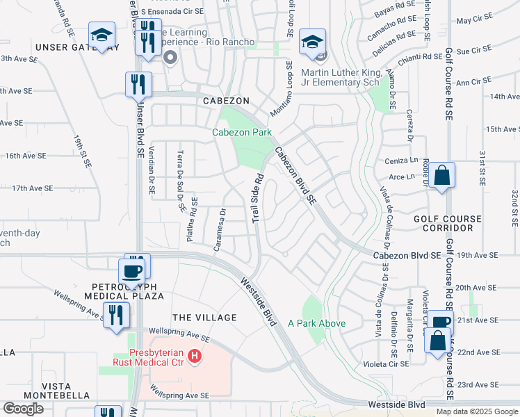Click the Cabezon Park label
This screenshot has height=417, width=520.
click(x=241, y=132)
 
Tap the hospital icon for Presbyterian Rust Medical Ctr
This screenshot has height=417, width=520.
click(x=195, y=357)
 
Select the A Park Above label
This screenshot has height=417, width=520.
click(x=316, y=323)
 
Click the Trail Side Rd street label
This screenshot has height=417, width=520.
click(x=257, y=198)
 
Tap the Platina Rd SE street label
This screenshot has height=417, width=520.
click(x=192, y=218)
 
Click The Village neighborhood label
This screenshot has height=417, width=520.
click(x=205, y=318)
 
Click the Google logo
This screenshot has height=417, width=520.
click(x=23, y=409)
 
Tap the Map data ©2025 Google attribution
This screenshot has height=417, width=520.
click(x=477, y=411)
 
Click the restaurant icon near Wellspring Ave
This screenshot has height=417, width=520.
click(x=115, y=315)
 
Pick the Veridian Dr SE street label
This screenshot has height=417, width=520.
click(x=151, y=174)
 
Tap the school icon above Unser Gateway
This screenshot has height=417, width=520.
click(x=101, y=36)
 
